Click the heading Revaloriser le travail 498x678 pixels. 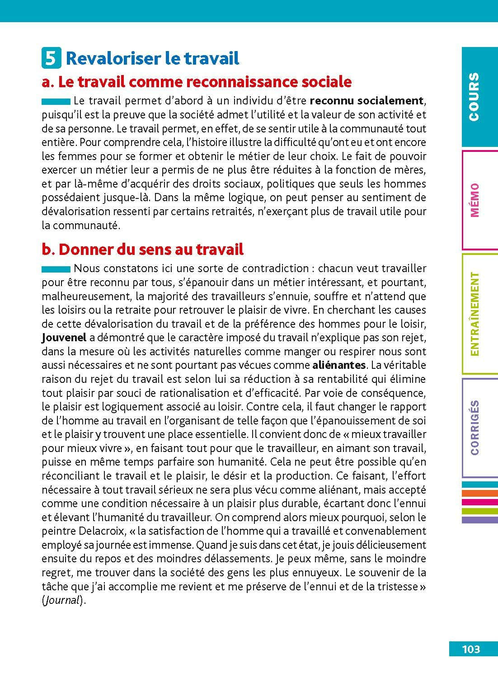pos(153,58)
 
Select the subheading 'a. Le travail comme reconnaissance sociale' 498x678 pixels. pos(196,82)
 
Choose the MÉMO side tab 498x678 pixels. pos(479,200)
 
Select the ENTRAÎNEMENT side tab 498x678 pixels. pos(479,314)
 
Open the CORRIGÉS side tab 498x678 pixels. pos(479,427)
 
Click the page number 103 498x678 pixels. pos(471,649)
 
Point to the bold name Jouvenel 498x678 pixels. pos(62,338)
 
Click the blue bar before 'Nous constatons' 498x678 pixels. pos(56,269)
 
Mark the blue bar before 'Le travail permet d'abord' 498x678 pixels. pos(56,100)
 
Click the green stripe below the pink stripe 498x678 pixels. pos(479,511)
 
